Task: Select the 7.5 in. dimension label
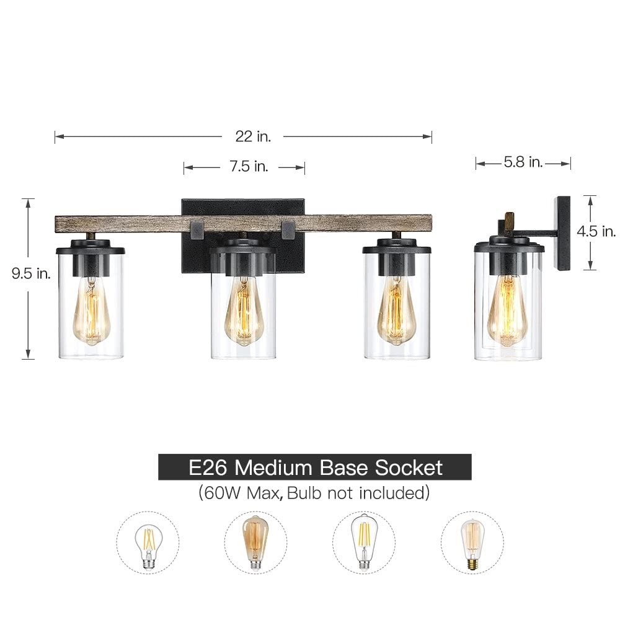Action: [x=244, y=167]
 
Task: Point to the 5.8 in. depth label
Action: [x=523, y=163]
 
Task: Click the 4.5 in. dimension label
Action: [x=596, y=231]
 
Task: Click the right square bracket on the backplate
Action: [x=288, y=228]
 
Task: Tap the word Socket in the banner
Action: [x=408, y=467]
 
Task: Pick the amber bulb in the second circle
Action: [x=255, y=541]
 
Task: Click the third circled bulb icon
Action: [x=364, y=541]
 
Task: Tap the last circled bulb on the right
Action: [x=472, y=541]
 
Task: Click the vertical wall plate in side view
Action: [x=563, y=232]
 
